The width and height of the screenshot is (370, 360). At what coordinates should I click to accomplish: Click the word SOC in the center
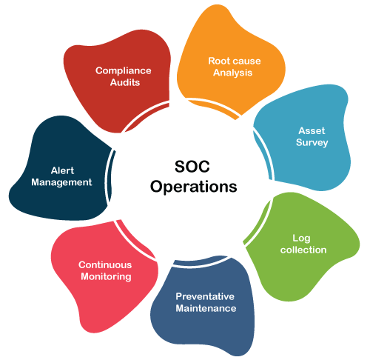point(192,166)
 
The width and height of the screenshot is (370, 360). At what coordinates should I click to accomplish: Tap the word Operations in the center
point(194,187)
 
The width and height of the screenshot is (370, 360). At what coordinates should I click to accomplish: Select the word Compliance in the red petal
point(124,71)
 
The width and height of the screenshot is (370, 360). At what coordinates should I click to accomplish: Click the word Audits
point(125,82)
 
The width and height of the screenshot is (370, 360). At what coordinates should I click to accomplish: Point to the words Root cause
point(235,61)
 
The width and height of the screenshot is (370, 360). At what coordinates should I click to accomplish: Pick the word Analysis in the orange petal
point(232,73)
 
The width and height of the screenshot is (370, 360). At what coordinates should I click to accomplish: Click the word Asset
point(312,130)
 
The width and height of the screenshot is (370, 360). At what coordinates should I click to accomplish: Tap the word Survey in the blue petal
point(312,142)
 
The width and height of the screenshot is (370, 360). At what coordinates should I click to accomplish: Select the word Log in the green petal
point(301,239)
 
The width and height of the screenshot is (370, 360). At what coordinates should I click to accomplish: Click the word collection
point(303,250)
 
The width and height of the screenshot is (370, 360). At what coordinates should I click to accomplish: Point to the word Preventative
point(205,296)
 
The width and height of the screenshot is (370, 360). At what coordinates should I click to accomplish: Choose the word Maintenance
point(206,308)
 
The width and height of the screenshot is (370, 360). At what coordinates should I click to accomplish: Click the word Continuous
point(105,264)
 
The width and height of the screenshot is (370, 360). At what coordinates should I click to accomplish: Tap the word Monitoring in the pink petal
point(106,276)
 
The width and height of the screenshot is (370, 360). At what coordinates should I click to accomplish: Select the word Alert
point(62,170)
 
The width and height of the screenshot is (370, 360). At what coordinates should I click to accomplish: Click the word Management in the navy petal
point(61,182)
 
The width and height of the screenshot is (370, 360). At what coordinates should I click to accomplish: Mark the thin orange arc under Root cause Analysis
point(212,107)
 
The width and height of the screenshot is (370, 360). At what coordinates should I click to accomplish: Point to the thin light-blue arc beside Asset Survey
point(263,153)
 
